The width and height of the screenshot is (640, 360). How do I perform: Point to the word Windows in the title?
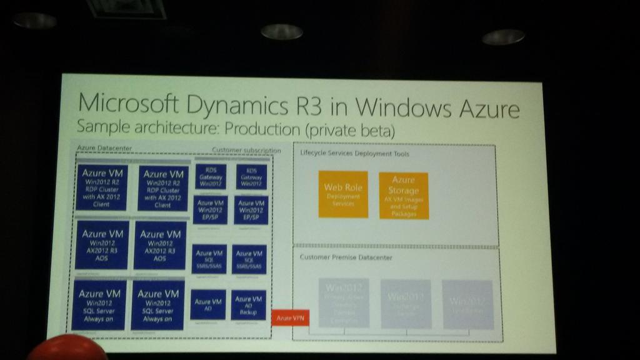tap(397, 107)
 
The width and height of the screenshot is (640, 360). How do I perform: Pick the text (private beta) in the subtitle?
tap(356, 131)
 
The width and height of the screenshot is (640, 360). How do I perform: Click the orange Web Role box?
tap(342, 194)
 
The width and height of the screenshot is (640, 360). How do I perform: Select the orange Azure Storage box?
tap(404, 195)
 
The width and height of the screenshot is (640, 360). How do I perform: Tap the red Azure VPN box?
tap(291, 318)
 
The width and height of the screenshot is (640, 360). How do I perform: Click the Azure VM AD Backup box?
tap(248, 304)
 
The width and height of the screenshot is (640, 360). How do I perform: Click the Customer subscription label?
tap(246, 151)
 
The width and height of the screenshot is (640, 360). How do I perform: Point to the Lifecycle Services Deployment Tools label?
tap(354, 154)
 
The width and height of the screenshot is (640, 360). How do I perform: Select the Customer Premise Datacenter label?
tap(346, 257)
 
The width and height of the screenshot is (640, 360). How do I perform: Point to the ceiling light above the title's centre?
tap(282, 31)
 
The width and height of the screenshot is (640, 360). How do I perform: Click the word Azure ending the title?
tap(489, 109)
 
